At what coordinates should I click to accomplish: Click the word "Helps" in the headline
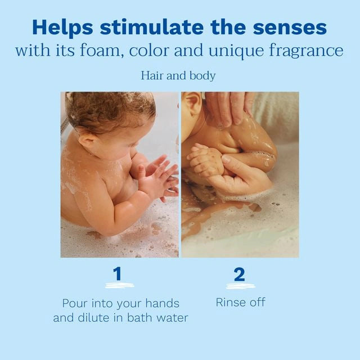[x=62, y=28]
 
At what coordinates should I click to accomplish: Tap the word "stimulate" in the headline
[x=152, y=28]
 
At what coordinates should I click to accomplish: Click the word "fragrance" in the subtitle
[x=306, y=51]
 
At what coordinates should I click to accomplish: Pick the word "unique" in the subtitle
[x=236, y=51]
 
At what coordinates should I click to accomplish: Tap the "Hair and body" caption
[x=178, y=76]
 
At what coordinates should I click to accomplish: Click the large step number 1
[x=118, y=274]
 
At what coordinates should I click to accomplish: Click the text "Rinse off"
[x=240, y=302]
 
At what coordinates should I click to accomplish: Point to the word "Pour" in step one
[x=75, y=303]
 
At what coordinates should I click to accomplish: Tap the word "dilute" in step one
[x=94, y=318]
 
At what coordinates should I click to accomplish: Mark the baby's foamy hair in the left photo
[x=110, y=111]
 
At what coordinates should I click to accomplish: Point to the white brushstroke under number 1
[x=120, y=285]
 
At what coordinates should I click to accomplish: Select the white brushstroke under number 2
[x=241, y=286]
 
